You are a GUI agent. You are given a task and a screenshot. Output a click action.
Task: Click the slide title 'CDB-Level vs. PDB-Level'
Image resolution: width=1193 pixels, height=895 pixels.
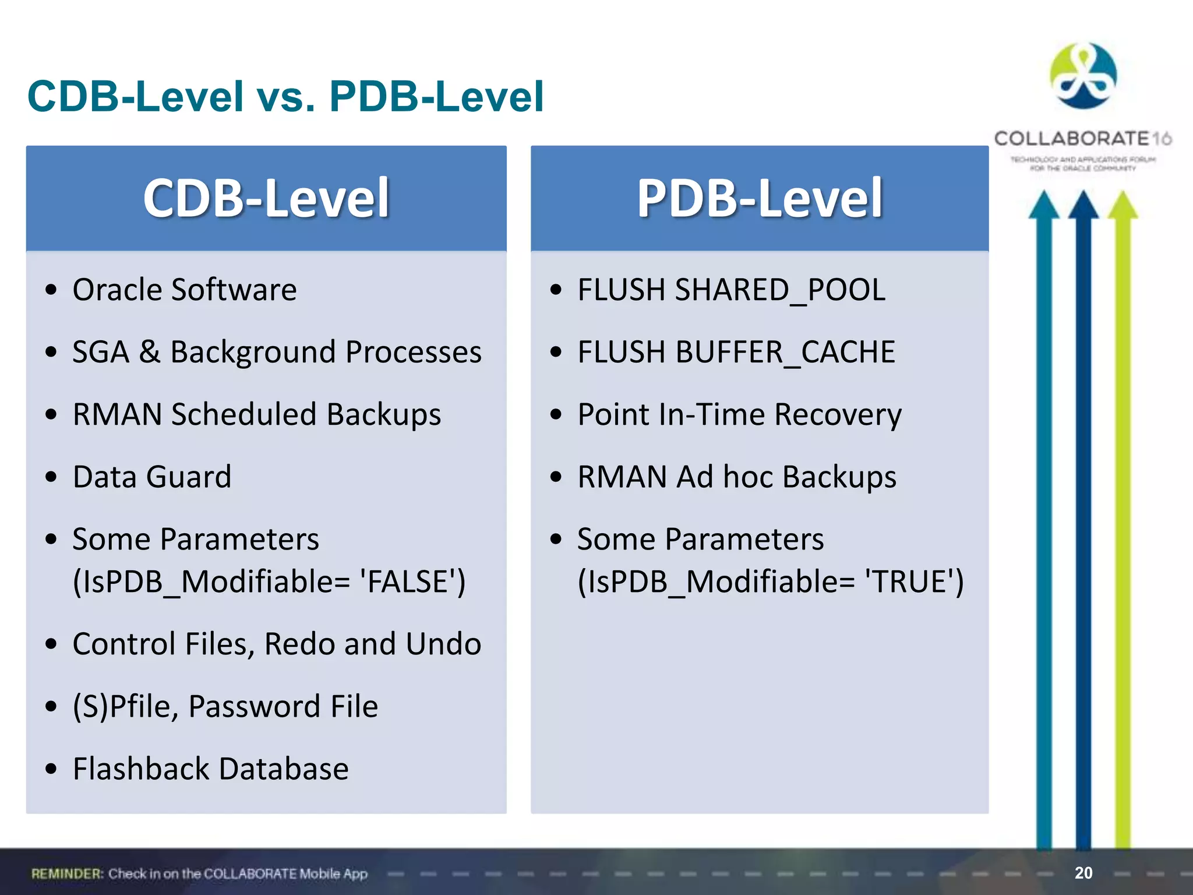[x=285, y=97]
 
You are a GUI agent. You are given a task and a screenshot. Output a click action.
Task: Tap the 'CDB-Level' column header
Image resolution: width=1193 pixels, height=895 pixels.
[x=266, y=198]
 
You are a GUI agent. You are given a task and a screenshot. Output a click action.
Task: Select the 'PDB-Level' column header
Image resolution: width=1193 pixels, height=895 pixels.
[x=760, y=198]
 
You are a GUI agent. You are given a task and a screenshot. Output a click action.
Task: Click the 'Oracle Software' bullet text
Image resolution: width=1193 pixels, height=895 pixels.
[x=184, y=290]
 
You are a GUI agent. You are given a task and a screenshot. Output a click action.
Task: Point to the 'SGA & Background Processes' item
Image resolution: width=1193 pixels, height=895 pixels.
[x=277, y=352]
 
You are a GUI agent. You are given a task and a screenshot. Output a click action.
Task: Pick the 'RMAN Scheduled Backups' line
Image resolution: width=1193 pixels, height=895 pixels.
[x=256, y=414]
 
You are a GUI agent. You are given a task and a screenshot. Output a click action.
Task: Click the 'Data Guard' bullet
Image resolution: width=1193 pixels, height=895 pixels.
[x=151, y=477]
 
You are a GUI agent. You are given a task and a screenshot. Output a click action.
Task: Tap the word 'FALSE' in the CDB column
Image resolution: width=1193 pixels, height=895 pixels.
[x=411, y=582]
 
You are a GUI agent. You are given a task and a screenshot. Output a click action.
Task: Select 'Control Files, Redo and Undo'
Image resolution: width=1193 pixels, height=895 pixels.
[x=277, y=644]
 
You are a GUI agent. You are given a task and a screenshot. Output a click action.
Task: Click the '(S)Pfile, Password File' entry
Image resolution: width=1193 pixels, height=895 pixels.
[x=225, y=706]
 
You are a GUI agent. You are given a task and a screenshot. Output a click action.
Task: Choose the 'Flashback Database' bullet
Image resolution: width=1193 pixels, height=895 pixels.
[x=210, y=769]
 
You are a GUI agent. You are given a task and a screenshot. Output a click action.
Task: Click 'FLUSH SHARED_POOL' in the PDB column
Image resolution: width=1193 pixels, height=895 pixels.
[x=731, y=290]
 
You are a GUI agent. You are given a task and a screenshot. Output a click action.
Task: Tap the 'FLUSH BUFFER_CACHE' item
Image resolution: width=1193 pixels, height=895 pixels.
[x=736, y=352]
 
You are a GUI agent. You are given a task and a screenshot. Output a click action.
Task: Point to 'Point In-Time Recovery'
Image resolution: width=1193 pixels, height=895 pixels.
[x=739, y=414]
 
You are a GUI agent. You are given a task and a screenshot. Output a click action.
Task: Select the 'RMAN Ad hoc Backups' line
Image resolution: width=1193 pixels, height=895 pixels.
[x=736, y=477]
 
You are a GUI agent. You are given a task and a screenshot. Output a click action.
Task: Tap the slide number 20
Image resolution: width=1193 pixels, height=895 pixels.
[x=1083, y=873]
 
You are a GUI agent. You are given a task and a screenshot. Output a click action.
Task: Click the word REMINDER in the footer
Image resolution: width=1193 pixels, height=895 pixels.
[x=67, y=873]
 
